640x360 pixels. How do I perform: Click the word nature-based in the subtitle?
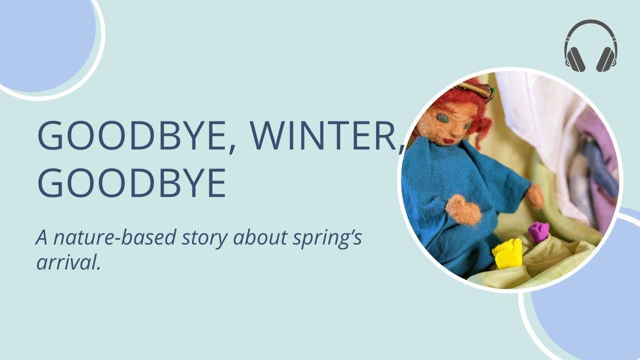pos(114,238)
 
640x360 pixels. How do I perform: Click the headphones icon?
pos(590,46)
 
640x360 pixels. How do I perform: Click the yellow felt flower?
pos(508,253)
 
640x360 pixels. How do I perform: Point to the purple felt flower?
pos(538,231)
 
